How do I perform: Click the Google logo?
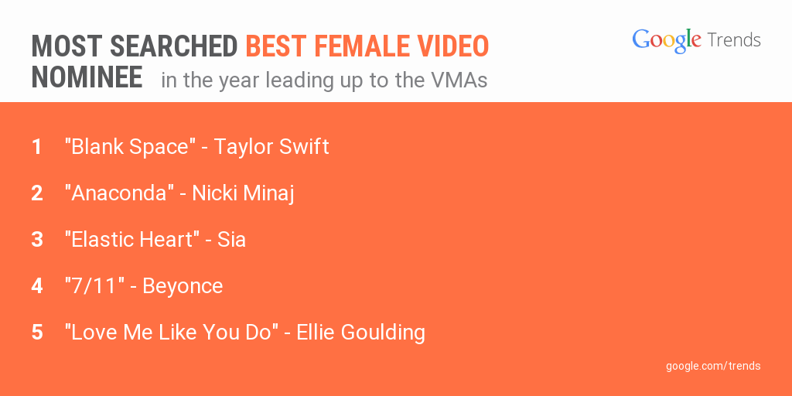point(667,40)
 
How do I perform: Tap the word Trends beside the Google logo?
point(734,39)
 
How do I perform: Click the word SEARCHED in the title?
point(174,46)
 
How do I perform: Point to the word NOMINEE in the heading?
point(87,78)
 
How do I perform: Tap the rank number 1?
point(37,147)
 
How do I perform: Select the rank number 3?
point(37,240)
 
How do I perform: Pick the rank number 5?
point(37,333)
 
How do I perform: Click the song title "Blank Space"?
point(130,148)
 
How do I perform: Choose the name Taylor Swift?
point(271,148)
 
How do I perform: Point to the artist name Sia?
point(231,240)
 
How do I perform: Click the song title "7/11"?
point(94,286)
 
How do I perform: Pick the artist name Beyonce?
point(183,287)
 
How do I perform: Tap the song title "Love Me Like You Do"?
point(172,333)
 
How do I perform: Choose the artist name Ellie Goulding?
point(360,333)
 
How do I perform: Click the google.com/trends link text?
point(713,366)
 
